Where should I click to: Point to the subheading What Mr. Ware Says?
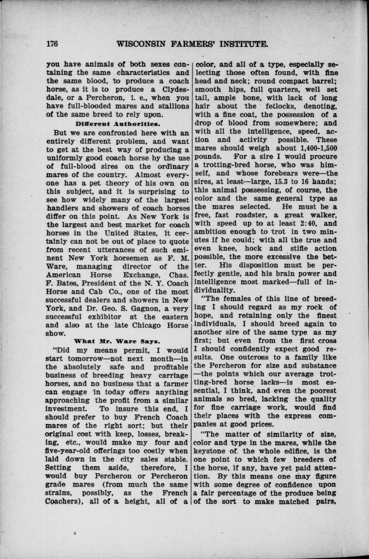[x=118, y=342]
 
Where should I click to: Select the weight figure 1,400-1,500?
[x=317, y=148]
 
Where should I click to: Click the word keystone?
[x=211, y=450]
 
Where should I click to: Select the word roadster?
[x=247, y=215]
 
